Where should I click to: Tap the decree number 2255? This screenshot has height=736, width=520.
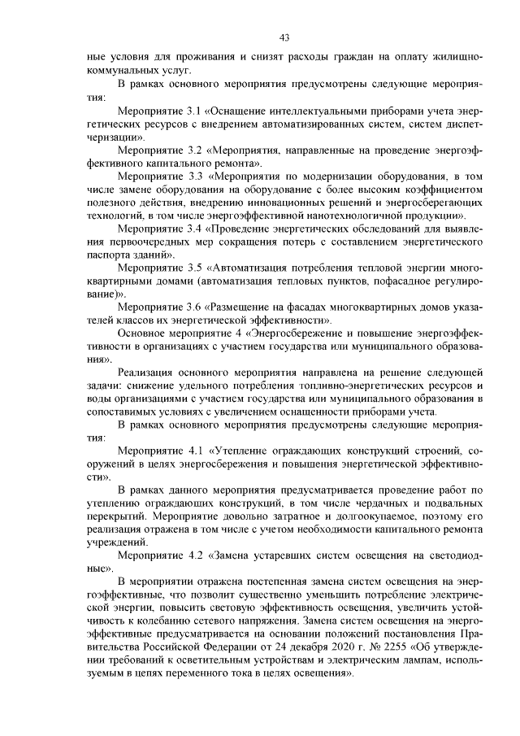pos(368,647)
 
